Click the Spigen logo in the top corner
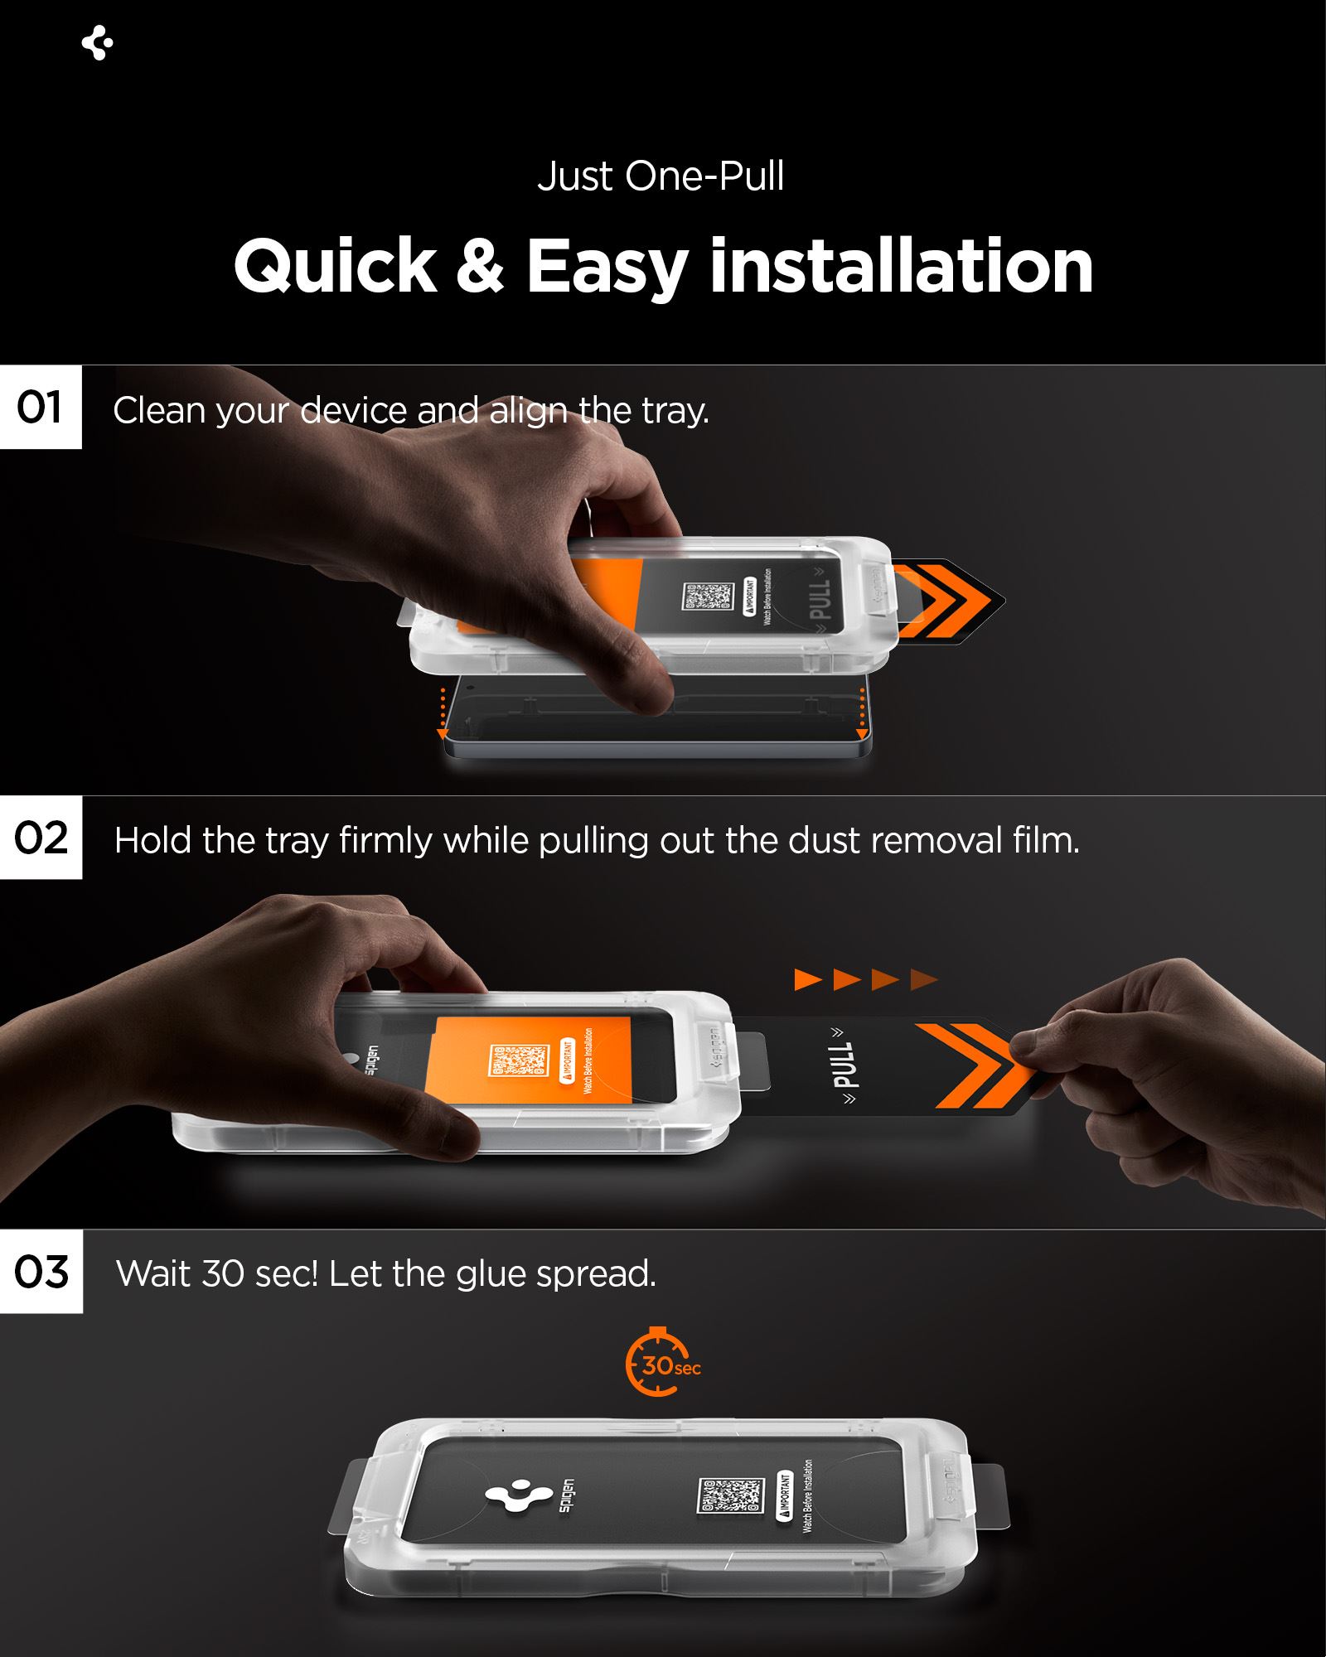pos(98,43)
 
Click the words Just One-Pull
pos(661,176)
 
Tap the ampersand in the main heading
pos(480,267)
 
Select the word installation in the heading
pos(901,267)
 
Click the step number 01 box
pos(41,408)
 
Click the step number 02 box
pos(41,838)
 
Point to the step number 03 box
pos(41,1272)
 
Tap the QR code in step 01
pos(708,597)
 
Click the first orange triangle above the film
pos(807,980)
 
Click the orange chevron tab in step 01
pos(945,601)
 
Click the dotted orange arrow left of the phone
pos(443,711)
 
